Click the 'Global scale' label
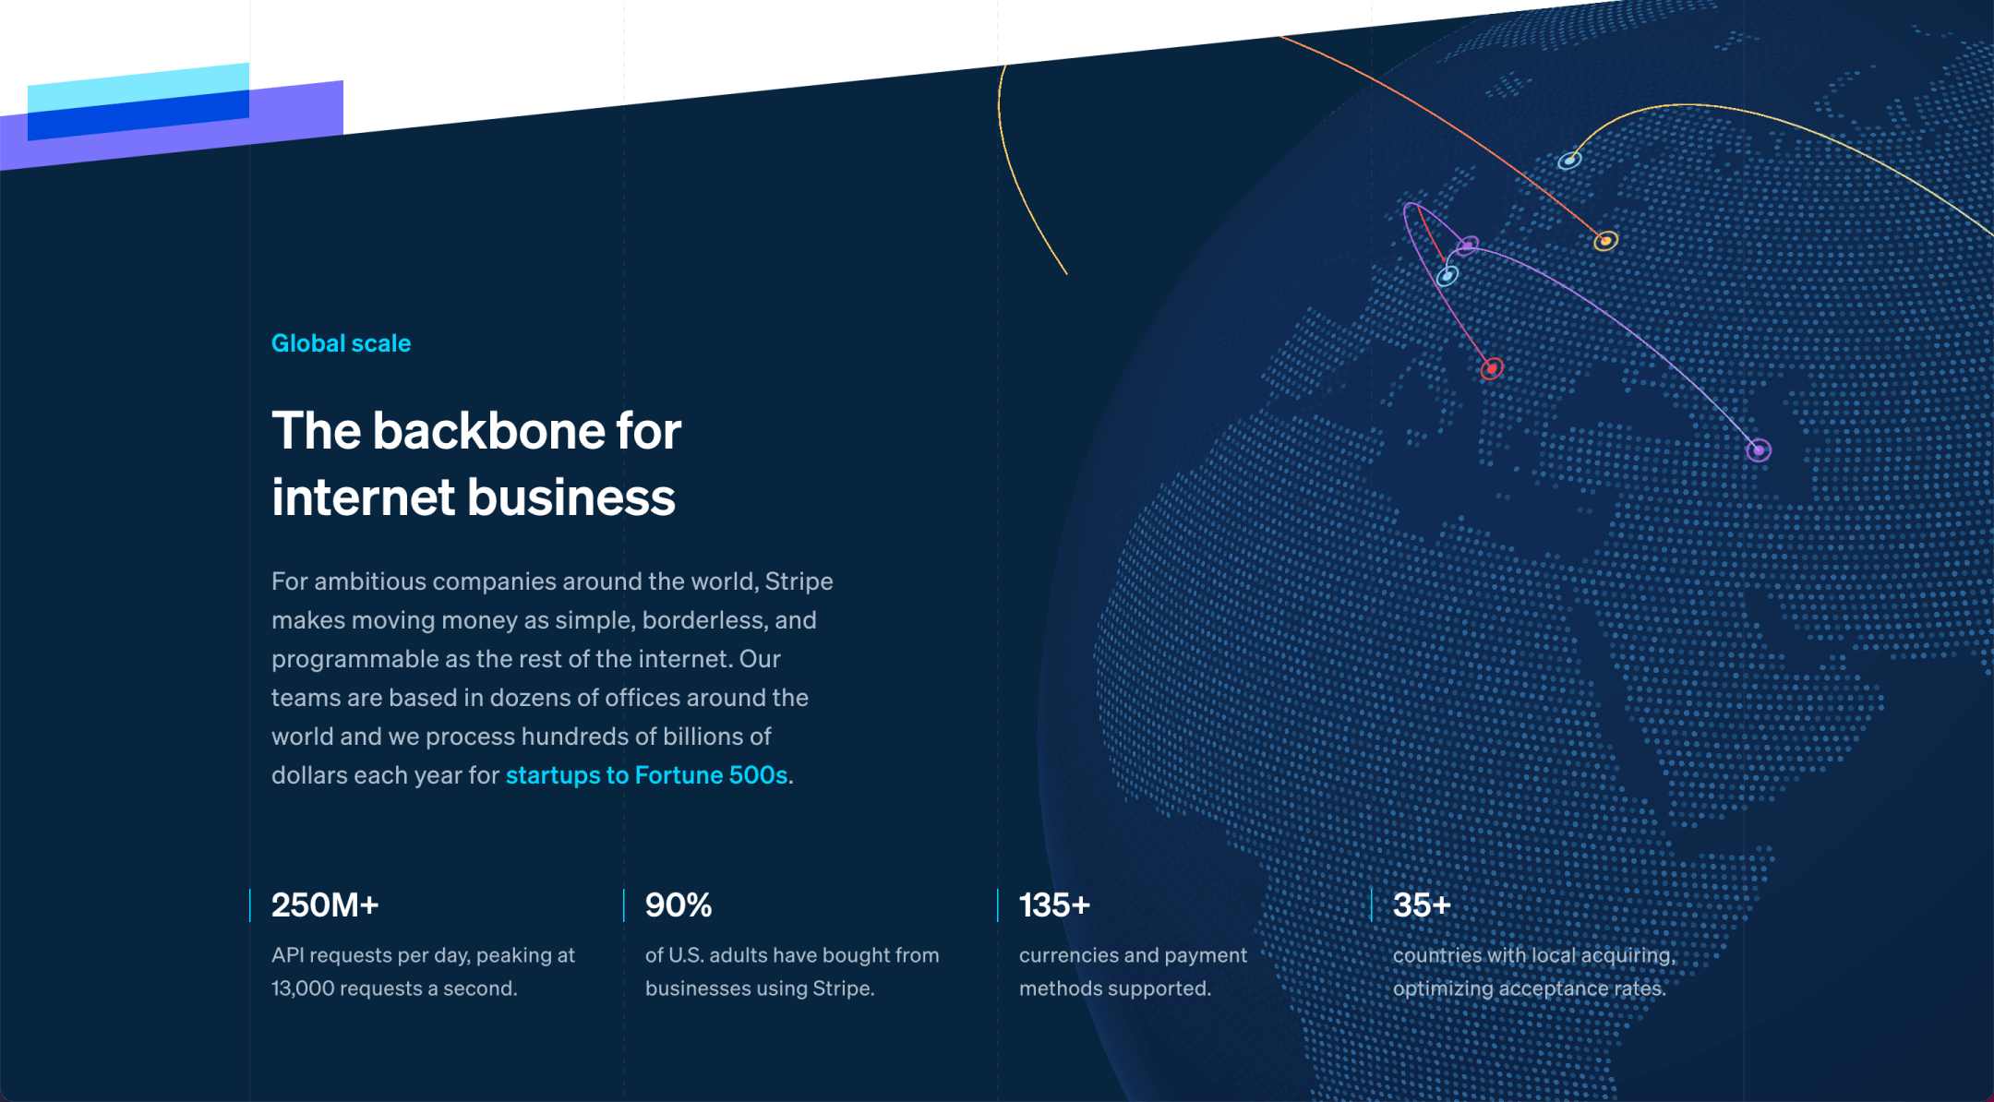341,343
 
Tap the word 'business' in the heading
572,497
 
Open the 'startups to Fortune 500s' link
647,775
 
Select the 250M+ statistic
325,905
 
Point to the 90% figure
679,905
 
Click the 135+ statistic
1054,905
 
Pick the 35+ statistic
1422,905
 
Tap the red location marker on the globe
1492,368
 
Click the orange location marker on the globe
1605,241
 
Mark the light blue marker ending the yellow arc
1569,161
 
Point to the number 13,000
303,988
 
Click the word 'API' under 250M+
288,955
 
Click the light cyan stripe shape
138,86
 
